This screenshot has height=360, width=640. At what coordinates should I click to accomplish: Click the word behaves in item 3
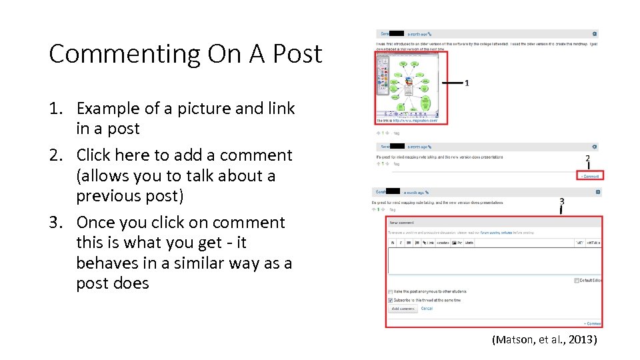pos(106,263)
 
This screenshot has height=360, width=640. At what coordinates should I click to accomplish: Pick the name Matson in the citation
pos(513,340)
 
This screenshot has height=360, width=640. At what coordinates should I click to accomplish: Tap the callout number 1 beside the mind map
pos(467,83)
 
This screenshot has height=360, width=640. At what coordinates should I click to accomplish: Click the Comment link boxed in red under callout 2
pos(589,176)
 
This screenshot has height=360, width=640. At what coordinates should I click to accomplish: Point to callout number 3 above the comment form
pos(561,201)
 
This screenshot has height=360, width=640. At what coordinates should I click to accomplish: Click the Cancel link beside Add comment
pos(427,309)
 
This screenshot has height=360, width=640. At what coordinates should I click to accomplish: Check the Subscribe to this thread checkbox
pos(391,300)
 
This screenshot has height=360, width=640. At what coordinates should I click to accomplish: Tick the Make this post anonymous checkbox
pos(391,291)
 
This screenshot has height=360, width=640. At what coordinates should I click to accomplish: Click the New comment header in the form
pos(402,222)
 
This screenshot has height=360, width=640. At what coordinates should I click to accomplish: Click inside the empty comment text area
pos(493,260)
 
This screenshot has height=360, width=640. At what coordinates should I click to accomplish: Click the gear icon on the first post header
pos(594,33)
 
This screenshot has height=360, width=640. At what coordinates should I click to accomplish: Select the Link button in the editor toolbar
pos(430,243)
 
